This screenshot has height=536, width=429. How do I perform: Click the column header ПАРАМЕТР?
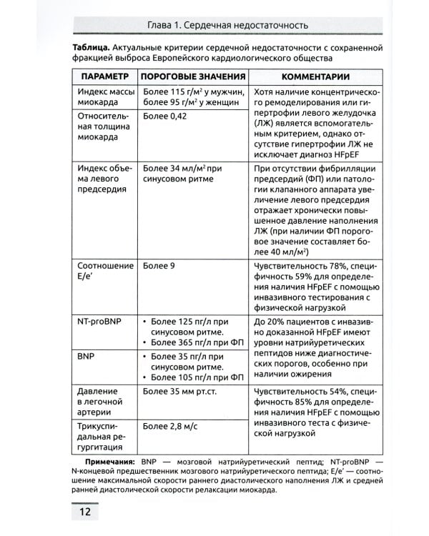(x=104, y=76)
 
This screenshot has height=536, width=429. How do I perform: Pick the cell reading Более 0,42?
(x=164, y=115)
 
